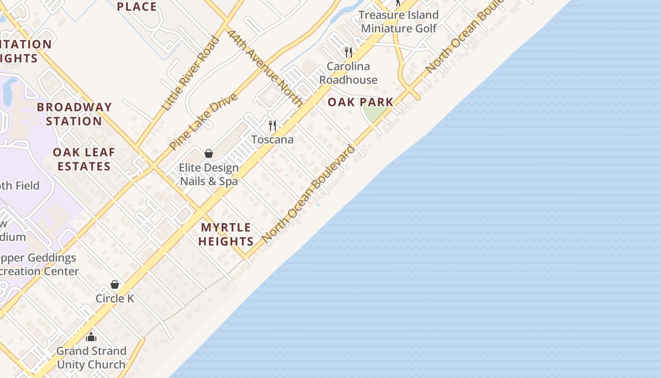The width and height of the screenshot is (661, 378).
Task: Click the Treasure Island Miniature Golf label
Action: click(x=399, y=22)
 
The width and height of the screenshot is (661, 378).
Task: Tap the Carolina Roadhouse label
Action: click(x=348, y=73)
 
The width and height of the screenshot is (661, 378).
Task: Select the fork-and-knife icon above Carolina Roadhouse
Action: click(x=348, y=52)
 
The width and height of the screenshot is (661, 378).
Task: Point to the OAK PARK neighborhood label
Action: click(x=361, y=102)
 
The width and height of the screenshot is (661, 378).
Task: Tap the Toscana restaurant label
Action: click(x=272, y=139)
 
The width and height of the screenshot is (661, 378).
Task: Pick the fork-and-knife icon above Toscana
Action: click(x=272, y=125)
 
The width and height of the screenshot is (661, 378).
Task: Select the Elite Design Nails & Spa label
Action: click(x=209, y=174)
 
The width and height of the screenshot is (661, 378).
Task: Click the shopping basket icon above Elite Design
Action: click(x=209, y=154)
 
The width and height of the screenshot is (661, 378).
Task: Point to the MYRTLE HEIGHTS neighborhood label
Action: click(x=226, y=234)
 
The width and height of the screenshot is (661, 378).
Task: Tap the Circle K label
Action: click(x=115, y=299)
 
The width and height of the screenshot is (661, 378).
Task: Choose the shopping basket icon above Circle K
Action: click(x=115, y=284)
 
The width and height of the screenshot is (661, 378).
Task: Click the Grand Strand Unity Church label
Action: click(x=92, y=358)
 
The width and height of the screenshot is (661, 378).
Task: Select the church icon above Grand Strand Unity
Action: click(x=91, y=337)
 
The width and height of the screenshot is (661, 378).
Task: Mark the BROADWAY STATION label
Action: click(x=74, y=114)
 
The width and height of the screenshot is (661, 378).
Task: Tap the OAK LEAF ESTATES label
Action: click(x=84, y=159)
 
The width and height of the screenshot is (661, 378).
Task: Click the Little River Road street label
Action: click(x=190, y=74)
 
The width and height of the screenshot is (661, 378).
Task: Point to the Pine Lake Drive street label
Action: click(x=203, y=122)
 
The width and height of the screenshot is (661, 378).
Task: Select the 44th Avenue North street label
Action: click(x=265, y=68)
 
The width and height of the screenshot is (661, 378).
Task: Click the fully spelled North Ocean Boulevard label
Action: click(x=308, y=194)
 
